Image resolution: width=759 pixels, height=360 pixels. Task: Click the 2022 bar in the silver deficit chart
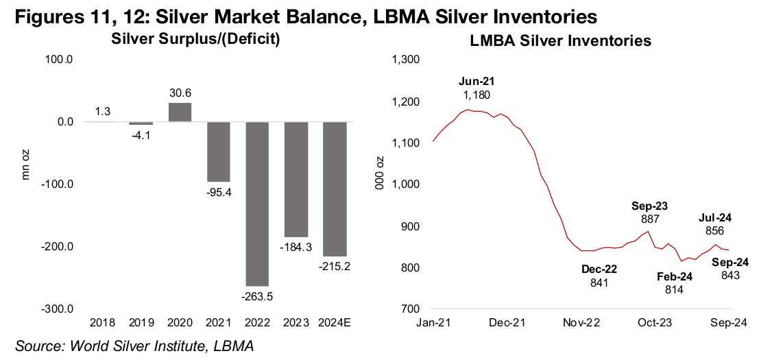[257, 204]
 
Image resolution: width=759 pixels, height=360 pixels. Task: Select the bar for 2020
[179, 112]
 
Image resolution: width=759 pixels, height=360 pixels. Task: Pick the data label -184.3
[296, 245]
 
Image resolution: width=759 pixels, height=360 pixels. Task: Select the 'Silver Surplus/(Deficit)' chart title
[195, 39]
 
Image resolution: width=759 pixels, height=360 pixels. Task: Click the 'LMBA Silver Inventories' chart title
[560, 41]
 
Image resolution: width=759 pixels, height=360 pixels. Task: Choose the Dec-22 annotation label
[599, 275]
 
